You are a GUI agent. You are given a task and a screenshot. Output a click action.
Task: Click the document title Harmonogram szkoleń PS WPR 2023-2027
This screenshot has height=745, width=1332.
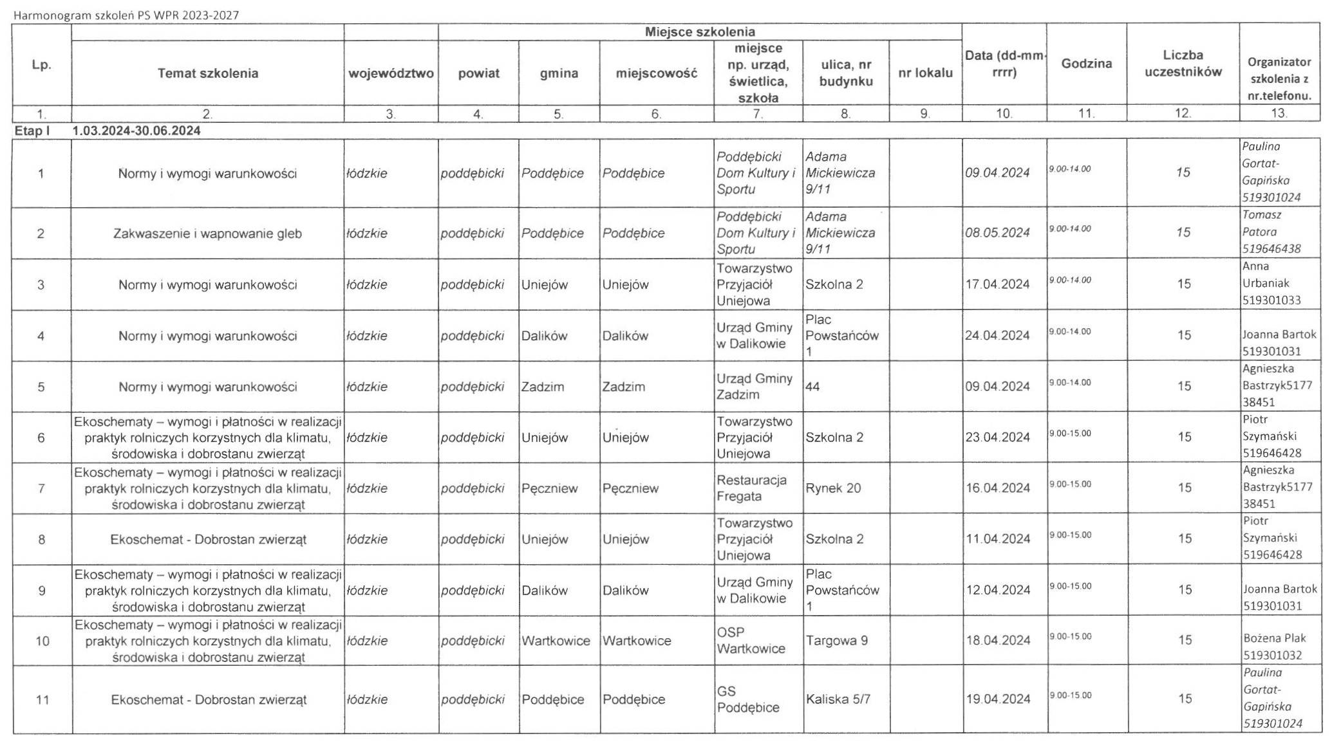(126, 15)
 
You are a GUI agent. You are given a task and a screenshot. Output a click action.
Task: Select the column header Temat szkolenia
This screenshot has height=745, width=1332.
(207, 73)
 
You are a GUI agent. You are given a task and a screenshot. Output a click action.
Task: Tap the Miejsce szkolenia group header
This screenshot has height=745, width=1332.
(700, 32)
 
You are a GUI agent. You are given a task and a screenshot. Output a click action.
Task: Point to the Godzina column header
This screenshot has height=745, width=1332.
(1086, 64)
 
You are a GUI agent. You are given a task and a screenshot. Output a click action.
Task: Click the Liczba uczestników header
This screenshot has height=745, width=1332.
(1183, 64)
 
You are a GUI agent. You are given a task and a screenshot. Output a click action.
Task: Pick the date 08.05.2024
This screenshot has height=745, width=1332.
(997, 233)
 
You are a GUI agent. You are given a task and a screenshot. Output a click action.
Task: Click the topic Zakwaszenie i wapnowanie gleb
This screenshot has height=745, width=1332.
(207, 234)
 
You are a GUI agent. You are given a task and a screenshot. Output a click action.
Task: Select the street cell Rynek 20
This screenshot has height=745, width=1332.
(833, 488)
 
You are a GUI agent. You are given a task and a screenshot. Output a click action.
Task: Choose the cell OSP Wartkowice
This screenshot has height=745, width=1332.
(751, 641)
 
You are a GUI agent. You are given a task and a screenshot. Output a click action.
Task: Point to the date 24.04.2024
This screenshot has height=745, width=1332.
(997, 335)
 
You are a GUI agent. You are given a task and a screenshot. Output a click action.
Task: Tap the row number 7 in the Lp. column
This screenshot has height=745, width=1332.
(41, 488)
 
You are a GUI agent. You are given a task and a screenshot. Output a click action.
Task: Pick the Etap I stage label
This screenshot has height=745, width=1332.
(32, 131)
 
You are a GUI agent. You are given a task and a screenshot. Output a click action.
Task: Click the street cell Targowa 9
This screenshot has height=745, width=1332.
(836, 641)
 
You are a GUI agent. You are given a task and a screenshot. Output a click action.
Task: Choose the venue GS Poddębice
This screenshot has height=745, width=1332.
(747, 699)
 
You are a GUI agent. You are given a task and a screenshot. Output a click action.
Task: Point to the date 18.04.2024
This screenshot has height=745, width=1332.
(998, 641)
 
